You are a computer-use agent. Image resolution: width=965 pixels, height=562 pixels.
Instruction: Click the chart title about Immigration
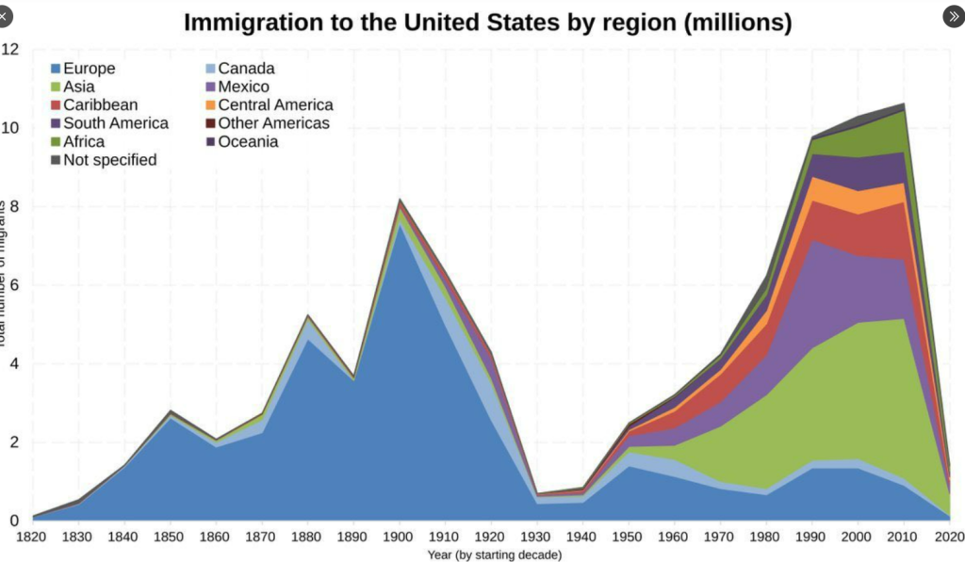click(x=487, y=23)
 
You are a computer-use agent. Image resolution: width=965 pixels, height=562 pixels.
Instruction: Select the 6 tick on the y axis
click(x=13, y=284)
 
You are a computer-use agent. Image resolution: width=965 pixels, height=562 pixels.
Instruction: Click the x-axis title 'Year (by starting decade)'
click(x=495, y=554)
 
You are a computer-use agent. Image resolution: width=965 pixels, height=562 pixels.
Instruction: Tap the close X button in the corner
click(x=7, y=16)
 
